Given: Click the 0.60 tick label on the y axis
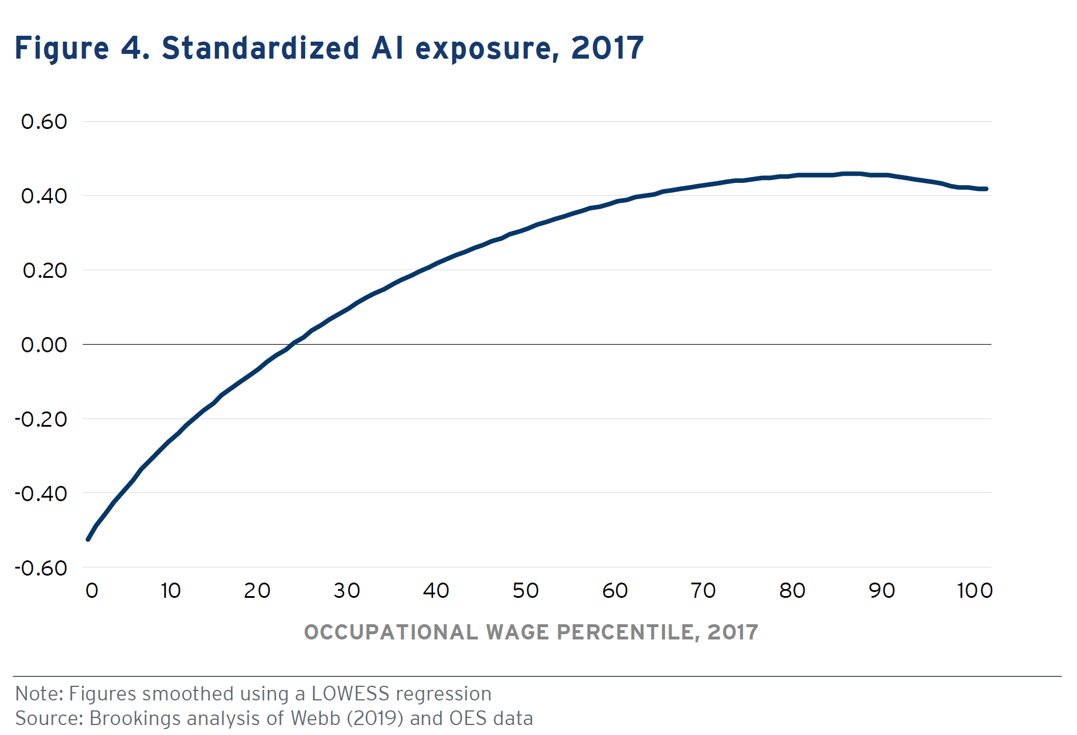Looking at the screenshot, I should coord(44,122).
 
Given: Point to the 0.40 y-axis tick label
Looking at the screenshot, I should coord(44,196).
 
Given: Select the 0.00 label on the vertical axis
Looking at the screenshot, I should coord(44,345).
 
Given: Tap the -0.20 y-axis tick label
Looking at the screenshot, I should coord(41,419).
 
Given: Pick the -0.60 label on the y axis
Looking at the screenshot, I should coord(41,568).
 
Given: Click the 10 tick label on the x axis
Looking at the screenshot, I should coord(171,591).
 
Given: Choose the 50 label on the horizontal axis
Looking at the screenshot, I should coord(525,591).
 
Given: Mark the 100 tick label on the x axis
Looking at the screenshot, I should coord(974,591).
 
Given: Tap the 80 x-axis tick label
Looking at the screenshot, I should coord(792,591).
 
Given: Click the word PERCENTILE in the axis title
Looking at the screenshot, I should coord(628,632).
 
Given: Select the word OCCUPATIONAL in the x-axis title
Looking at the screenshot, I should coord(391,632).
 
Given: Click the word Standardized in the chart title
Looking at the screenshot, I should coord(260,48).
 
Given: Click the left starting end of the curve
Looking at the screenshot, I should coord(88,539).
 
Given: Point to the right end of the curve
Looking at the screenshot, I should coord(987,189).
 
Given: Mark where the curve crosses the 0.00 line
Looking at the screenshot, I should coord(292,344).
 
